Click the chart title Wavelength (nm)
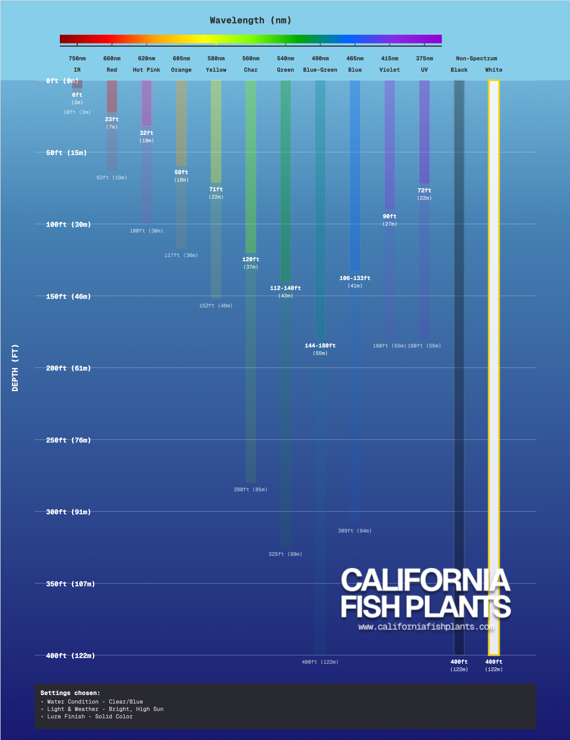250,20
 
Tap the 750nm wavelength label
77,58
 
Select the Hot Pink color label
146,70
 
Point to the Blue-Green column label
320,70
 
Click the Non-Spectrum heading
476,58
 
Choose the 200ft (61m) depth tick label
68,368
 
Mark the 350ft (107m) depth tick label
70,584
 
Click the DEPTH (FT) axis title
15,368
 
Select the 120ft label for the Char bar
250,259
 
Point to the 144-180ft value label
320,346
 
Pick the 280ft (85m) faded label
250,490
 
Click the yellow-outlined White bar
494,339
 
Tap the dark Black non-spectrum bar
459,339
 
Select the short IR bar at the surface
77,84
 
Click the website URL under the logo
426,627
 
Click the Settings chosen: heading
70,693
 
